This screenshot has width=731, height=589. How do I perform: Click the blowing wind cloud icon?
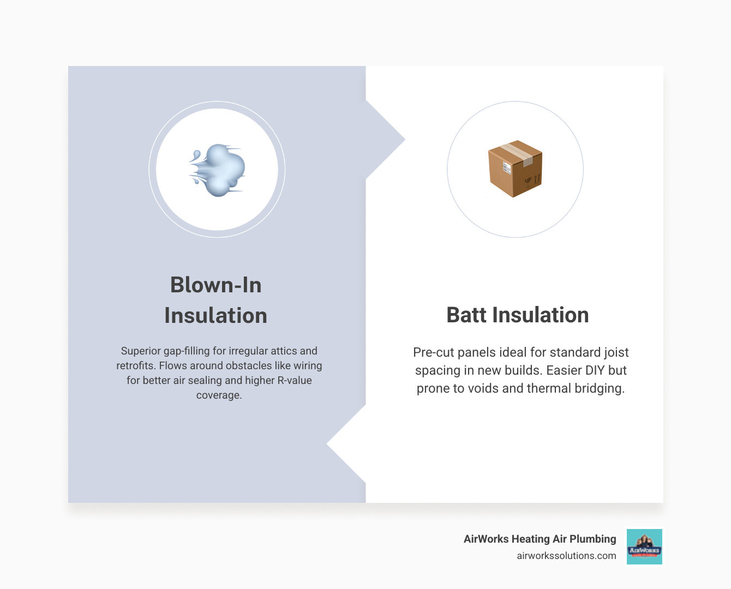tap(218, 170)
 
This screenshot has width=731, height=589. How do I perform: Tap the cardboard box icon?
tap(515, 169)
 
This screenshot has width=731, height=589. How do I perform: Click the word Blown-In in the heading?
tap(215, 285)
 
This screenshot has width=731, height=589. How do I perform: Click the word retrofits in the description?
tap(136, 366)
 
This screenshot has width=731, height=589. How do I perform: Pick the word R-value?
tap(295, 381)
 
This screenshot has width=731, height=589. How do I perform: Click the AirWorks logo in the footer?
tap(644, 546)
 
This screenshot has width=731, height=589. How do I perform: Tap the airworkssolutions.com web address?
tap(566, 556)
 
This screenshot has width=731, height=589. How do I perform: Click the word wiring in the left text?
tap(308, 366)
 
